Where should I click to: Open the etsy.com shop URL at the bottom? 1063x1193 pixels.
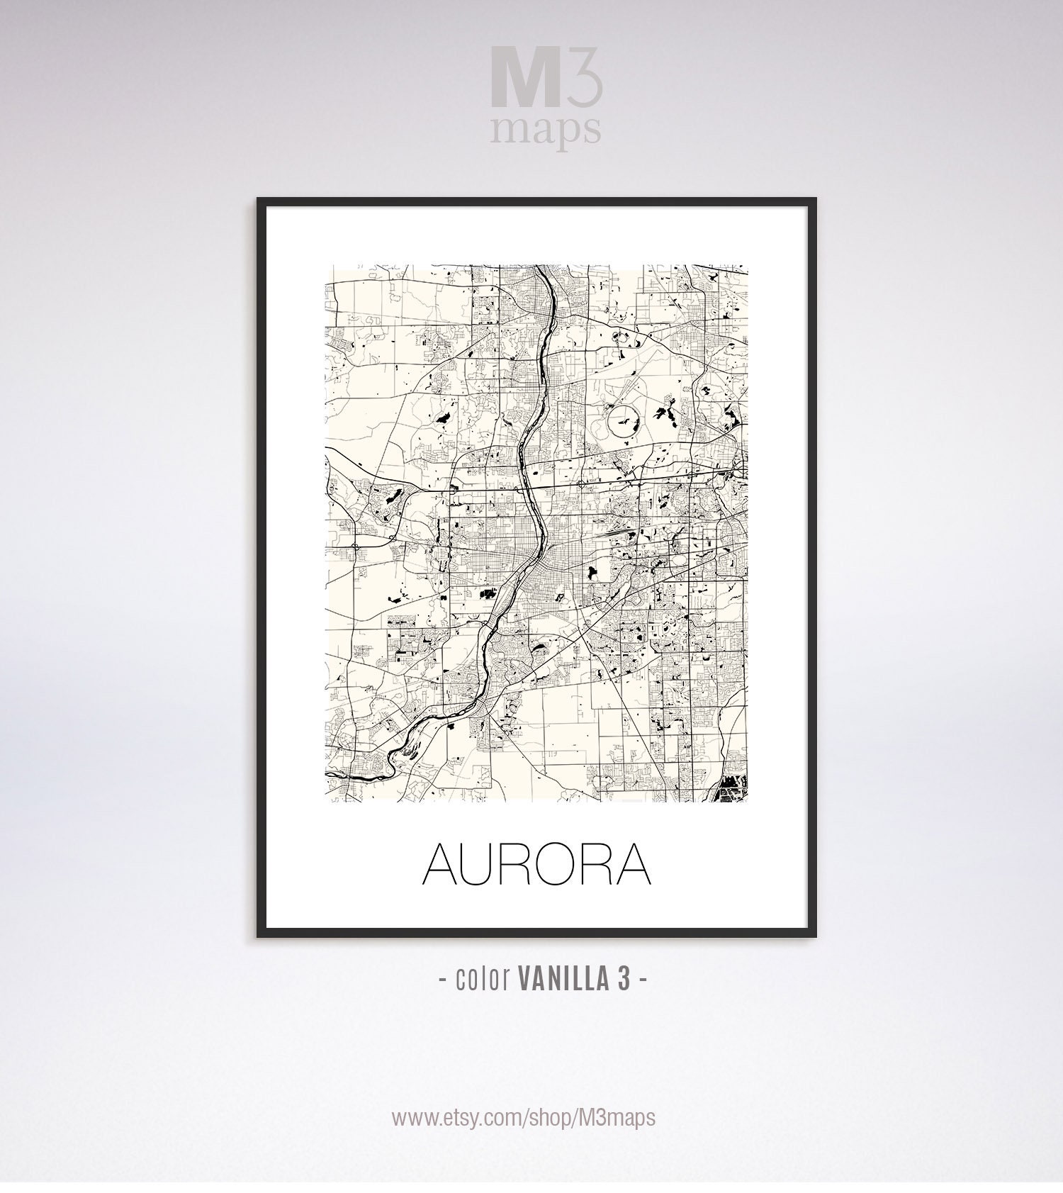[x=524, y=1117]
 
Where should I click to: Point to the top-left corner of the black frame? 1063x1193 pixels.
[x=259, y=201]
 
